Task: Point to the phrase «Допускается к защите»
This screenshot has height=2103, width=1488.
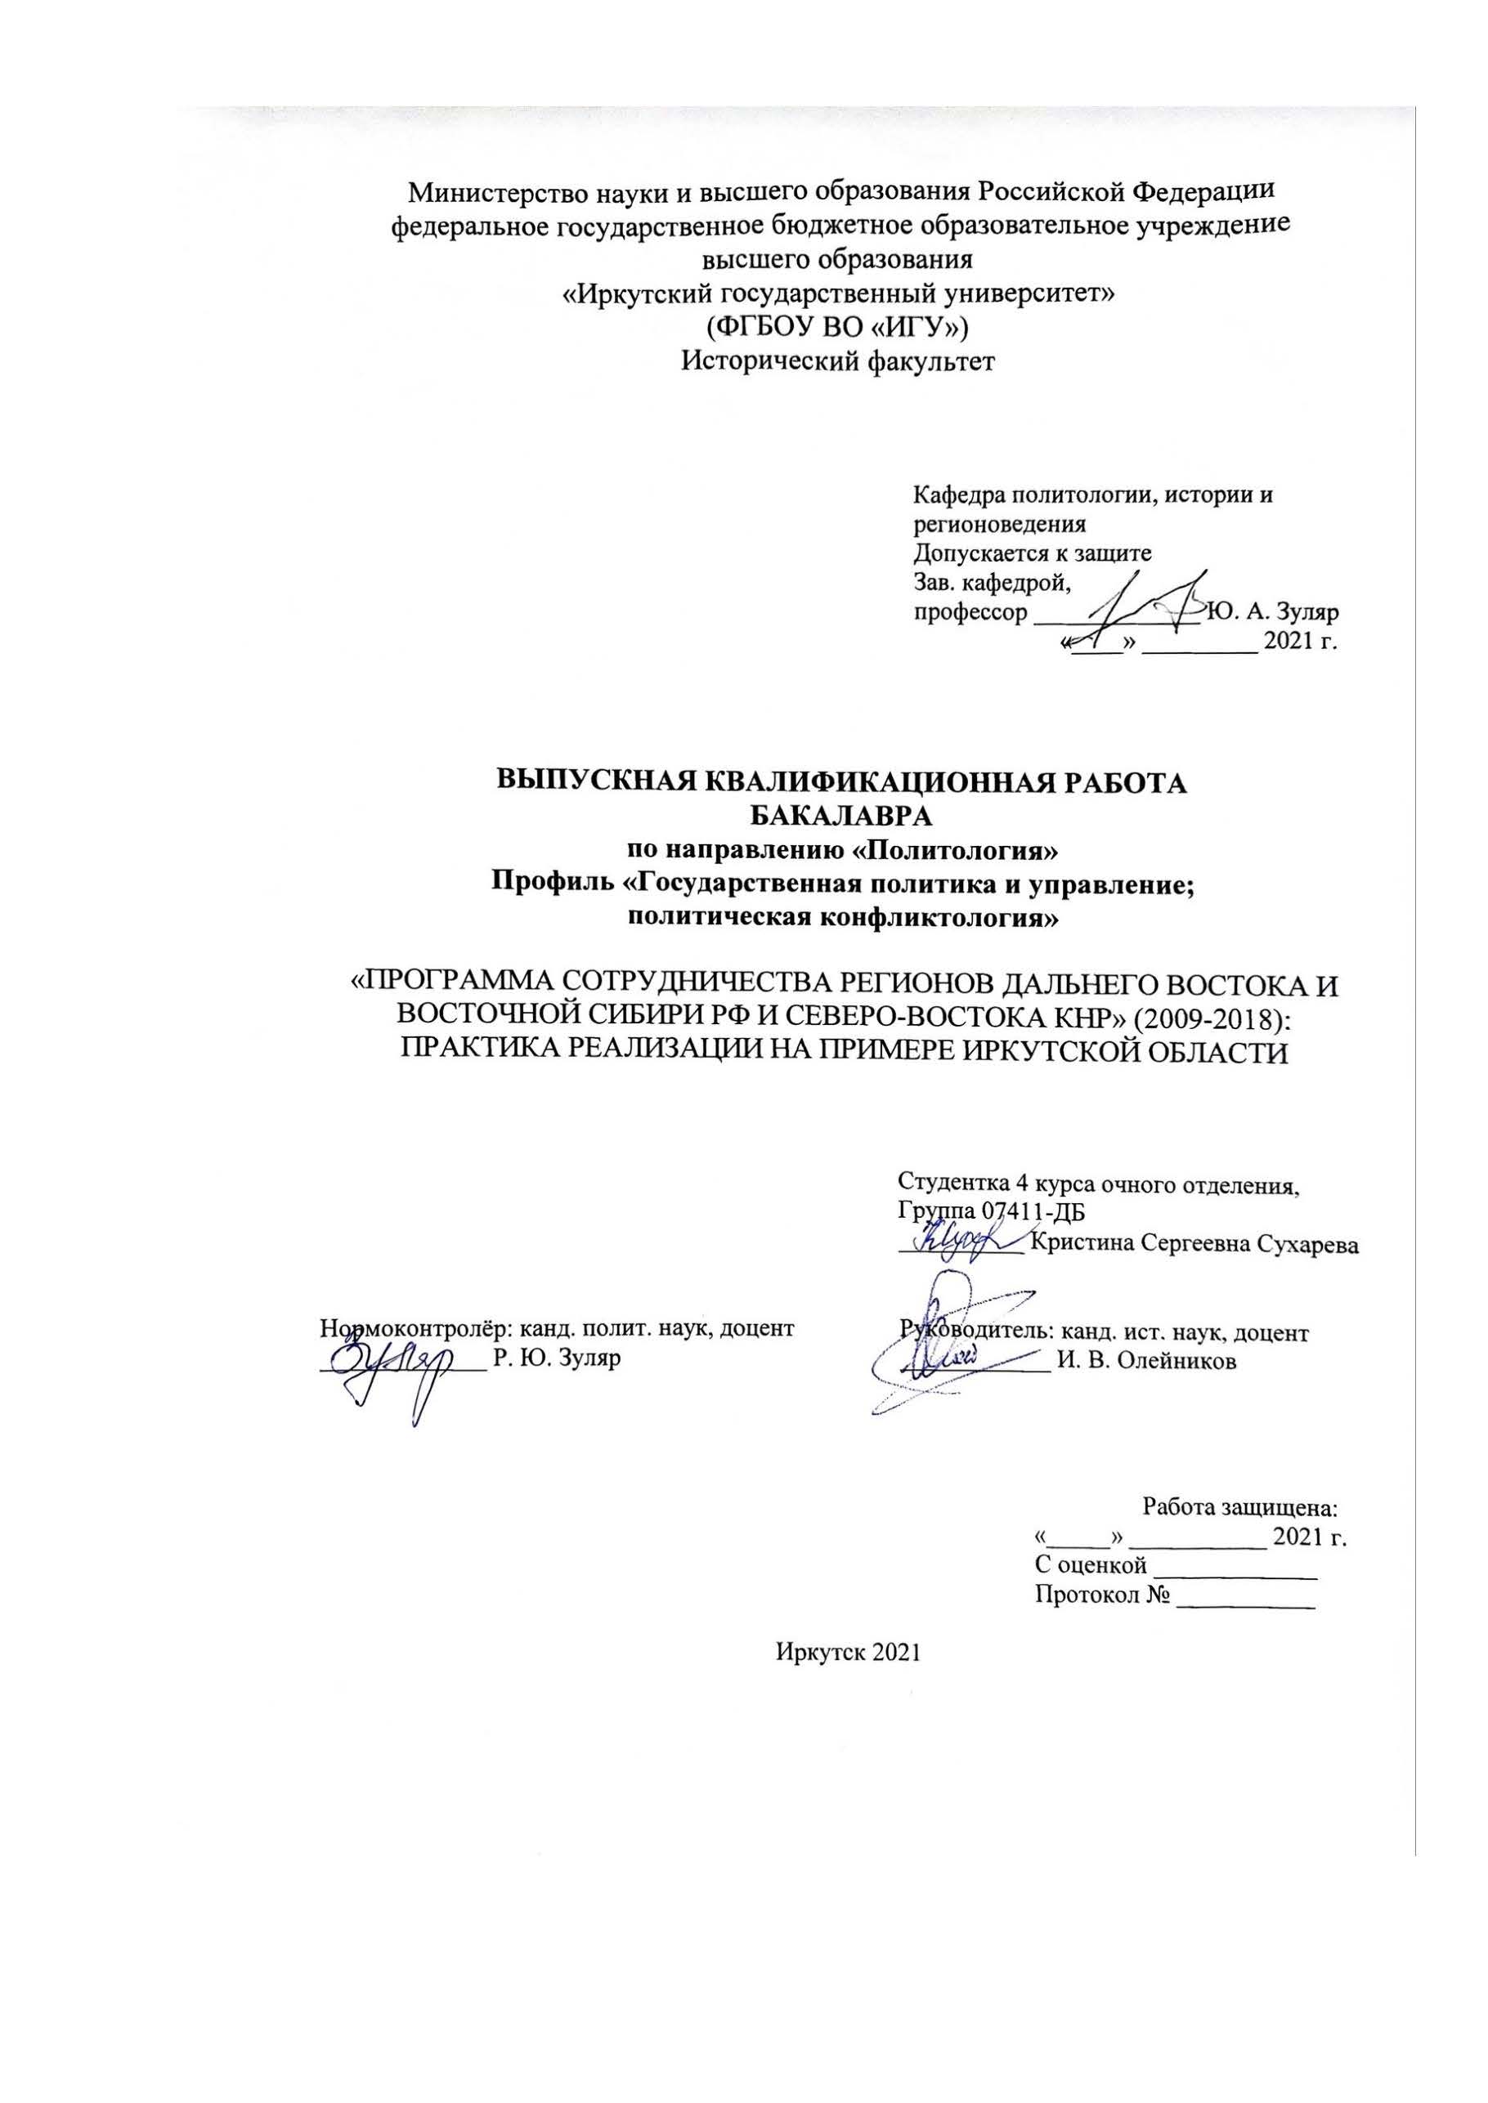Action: tap(1032, 554)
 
